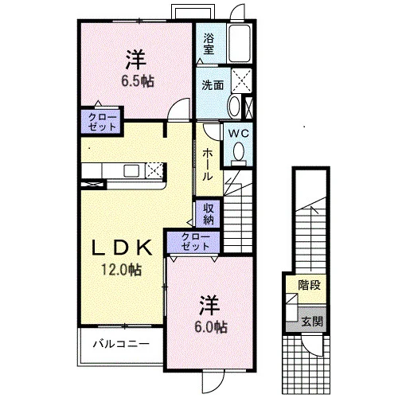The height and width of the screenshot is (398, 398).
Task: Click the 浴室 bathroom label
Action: [209, 45]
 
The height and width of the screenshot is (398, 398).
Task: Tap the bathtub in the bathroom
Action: [240, 44]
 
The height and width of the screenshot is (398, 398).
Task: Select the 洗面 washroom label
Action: [213, 85]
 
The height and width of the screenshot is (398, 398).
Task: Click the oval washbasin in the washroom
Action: [234, 107]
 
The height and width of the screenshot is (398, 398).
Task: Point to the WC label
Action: [239, 133]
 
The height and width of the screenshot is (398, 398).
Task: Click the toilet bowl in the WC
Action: [239, 151]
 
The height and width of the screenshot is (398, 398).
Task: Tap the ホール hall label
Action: [208, 165]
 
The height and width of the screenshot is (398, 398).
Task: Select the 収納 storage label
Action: [209, 214]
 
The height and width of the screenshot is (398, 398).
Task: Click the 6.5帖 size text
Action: [138, 81]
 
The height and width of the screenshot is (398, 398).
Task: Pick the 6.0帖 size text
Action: [211, 327]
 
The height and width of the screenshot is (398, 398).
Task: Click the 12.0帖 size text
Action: [121, 270]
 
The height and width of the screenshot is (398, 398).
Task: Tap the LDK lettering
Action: [122, 248]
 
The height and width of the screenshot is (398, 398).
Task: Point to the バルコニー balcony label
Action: [121, 344]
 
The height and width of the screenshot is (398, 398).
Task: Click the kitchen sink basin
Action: [131, 170]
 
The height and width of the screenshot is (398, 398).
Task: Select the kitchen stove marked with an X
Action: [154, 170]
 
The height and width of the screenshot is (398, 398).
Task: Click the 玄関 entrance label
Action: [312, 322]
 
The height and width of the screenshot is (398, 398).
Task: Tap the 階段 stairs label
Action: [310, 285]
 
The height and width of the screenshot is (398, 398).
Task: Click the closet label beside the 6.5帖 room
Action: [103, 122]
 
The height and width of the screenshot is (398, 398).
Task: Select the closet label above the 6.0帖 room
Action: [196, 242]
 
